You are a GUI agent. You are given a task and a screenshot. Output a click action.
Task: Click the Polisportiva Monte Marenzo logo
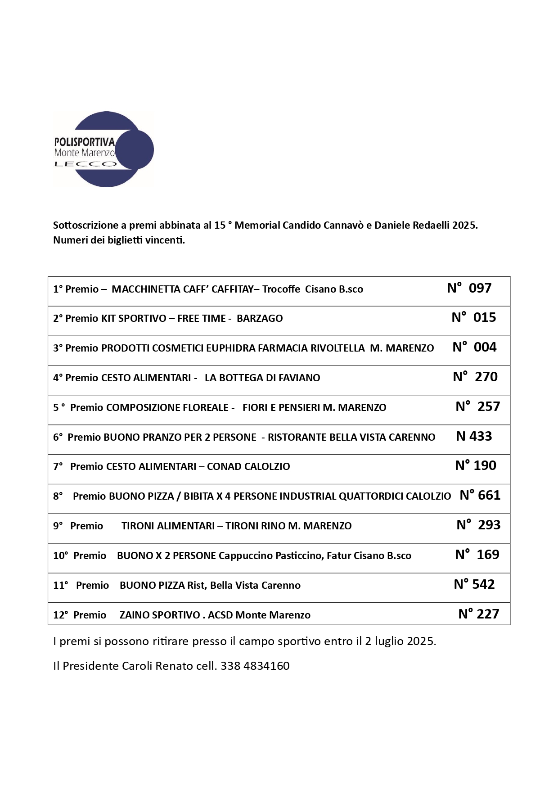click(104, 149)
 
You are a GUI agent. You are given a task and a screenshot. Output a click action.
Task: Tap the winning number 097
click(480, 288)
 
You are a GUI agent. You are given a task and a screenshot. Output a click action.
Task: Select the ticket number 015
click(484, 317)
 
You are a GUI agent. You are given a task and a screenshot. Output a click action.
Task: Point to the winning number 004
click(485, 347)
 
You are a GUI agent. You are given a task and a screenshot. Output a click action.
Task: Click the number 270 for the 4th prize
click(486, 377)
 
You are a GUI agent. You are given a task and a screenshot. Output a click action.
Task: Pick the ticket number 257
click(488, 406)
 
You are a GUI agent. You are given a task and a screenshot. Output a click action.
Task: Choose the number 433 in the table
click(481, 436)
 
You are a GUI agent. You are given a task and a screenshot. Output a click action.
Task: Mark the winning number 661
click(489, 495)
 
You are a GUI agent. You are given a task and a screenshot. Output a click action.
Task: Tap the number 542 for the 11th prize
click(483, 584)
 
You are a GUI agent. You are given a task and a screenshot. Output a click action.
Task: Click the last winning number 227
click(488, 614)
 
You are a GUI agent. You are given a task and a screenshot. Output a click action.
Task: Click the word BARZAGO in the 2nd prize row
click(260, 319)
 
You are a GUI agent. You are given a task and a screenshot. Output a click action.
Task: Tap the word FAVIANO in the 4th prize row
click(299, 378)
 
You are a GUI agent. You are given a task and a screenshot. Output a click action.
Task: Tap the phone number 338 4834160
click(255, 666)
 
